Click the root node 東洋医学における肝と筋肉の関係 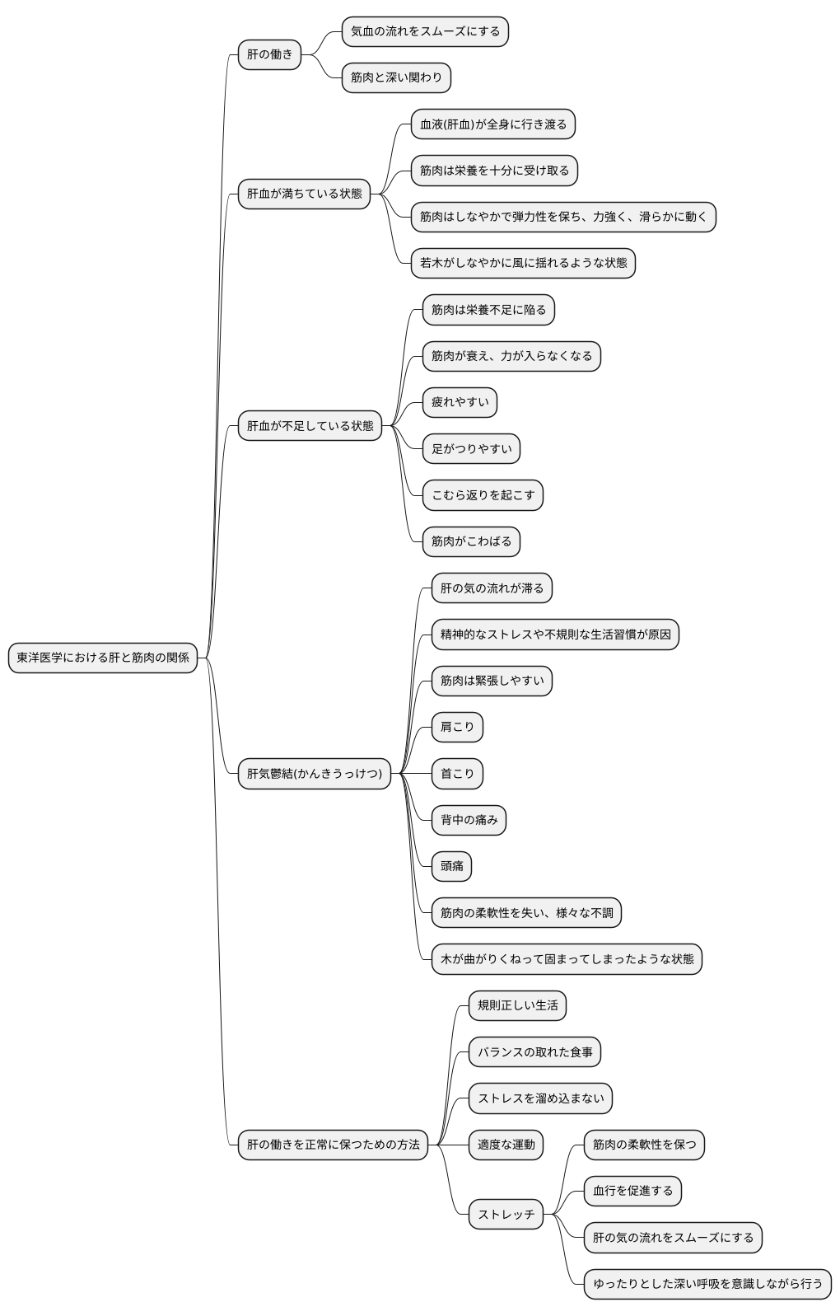[103, 658]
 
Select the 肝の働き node [269, 54]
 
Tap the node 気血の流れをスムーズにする [425, 31]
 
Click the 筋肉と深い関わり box [396, 77]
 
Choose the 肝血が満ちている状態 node [304, 194]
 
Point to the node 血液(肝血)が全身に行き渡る [493, 124]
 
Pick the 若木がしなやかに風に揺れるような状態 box [523, 263]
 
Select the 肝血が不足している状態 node [310, 425]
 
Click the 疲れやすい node [460, 402]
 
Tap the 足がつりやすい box [471, 449]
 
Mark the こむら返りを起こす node [483, 495]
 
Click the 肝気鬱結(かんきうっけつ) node [314, 773]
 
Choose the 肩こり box [457, 727]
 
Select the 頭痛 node [451, 866]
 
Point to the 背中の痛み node [469, 820]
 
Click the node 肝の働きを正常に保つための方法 [333, 1145]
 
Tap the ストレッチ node [506, 1214]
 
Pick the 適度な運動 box [506, 1145]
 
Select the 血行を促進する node [632, 1191]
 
